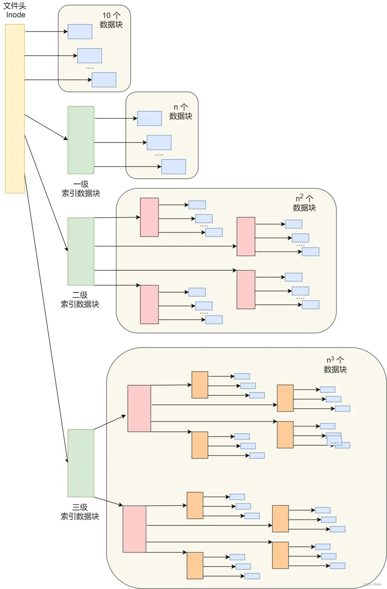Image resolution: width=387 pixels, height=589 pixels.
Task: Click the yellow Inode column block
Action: (14, 108)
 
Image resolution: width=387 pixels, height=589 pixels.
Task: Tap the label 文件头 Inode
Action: (15, 11)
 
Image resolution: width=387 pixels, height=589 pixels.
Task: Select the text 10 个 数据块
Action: (111, 20)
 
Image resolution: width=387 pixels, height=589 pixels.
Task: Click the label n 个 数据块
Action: (180, 112)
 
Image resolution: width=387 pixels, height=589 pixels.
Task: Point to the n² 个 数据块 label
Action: (304, 203)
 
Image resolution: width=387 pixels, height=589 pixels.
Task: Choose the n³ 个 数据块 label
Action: (335, 364)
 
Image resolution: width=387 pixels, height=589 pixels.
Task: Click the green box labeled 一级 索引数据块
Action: (81, 140)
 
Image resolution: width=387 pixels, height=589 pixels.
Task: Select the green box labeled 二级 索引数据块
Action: (81, 251)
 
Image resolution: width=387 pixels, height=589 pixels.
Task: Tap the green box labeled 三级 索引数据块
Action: (81, 463)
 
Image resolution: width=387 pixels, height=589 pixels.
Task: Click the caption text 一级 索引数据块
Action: (81, 189)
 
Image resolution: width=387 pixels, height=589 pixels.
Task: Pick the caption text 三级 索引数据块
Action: (80, 512)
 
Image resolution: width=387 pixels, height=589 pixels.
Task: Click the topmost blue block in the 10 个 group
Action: (80, 31)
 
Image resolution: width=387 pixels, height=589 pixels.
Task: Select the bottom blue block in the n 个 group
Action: (173, 167)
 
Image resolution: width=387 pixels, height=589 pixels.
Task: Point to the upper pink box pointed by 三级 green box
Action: (139, 408)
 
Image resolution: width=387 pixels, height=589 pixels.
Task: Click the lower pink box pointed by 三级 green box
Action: (134, 529)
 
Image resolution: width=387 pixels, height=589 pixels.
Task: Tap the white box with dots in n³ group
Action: (334, 441)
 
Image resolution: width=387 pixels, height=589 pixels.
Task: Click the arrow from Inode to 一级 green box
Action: (46, 127)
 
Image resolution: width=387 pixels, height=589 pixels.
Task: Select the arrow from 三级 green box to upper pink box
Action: (110, 422)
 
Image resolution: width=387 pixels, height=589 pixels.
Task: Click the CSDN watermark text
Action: (372, 584)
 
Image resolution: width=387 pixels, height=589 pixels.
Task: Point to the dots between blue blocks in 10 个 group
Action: (90, 68)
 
